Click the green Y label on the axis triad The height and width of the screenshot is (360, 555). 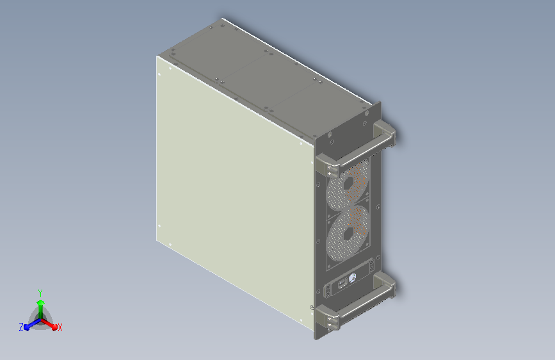pos(40,293)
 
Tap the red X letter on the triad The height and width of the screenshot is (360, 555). pos(60,327)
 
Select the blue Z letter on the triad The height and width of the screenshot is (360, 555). pos(21,327)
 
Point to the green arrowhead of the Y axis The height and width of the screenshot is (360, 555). pos(41,302)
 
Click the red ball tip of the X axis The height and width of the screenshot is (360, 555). pos(54,327)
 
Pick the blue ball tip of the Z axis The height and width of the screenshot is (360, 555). pos(27,327)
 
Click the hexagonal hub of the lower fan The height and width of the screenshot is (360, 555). pos(348,234)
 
